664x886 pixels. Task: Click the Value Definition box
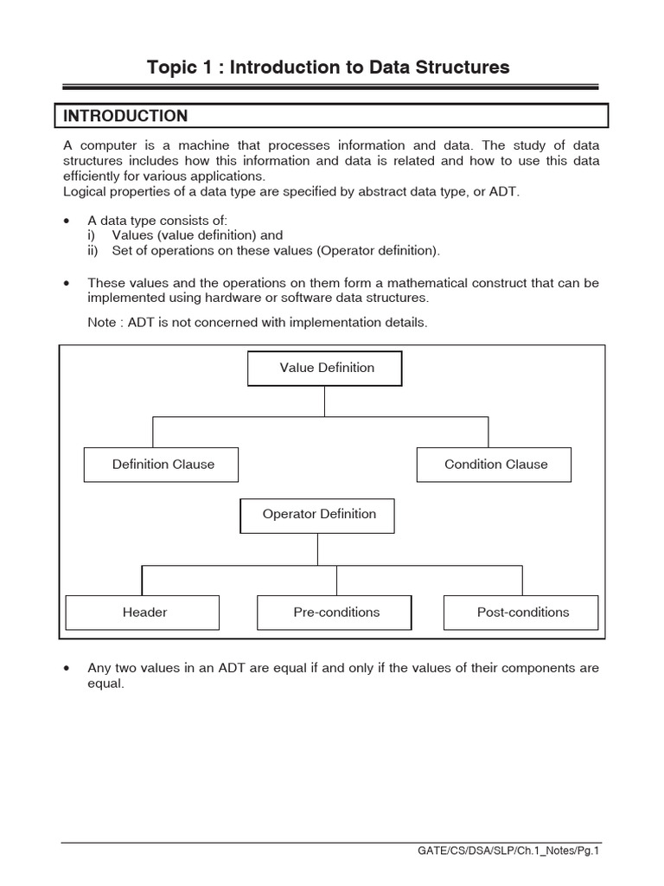click(325, 368)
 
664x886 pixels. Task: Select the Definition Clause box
click(162, 465)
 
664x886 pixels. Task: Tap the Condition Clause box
click(495, 465)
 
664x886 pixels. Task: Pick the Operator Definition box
click(318, 515)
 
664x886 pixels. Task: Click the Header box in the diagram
click(144, 613)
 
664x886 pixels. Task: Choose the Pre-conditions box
click(335, 613)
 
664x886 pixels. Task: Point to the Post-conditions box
click(521, 613)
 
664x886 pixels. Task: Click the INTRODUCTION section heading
click(123, 116)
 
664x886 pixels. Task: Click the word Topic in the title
click(172, 67)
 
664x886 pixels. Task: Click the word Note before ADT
click(102, 323)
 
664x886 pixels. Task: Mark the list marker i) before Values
click(92, 235)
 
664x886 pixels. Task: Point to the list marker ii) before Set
click(93, 251)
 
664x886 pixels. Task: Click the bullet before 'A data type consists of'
click(67, 221)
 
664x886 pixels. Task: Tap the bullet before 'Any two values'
click(67, 669)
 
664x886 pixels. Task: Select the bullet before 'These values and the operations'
click(67, 284)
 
